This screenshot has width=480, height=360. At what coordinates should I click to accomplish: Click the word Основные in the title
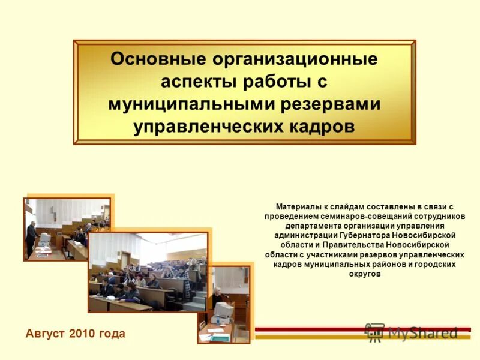(x=158, y=59)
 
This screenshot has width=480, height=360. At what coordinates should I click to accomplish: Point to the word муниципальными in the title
(x=191, y=104)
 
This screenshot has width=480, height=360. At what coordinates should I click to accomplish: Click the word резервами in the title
(x=332, y=104)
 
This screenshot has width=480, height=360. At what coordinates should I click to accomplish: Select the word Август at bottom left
(x=46, y=334)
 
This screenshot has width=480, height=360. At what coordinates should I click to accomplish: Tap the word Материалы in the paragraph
(x=297, y=206)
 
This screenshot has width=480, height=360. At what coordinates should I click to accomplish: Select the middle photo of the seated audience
(x=148, y=272)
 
